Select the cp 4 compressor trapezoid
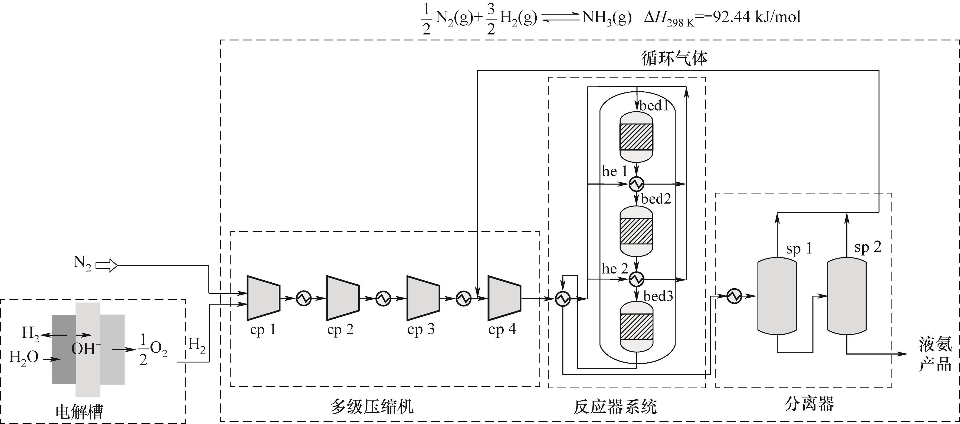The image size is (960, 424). tap(504, 298)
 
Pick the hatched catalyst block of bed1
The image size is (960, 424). tap(636, 137)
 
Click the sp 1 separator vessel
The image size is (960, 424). tap(777, 296)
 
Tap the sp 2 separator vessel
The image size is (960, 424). tap(847, 296)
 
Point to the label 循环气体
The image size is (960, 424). tap(674, 58)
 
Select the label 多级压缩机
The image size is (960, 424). tap(372, 406)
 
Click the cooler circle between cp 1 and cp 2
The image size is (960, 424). tap(304, 298)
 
